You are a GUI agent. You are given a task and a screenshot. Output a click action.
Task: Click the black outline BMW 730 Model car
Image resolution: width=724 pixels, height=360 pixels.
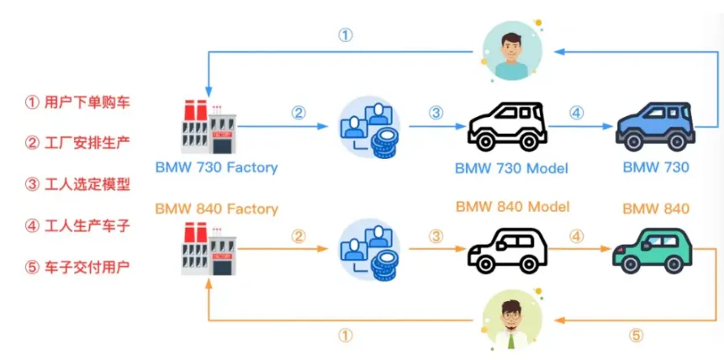[x=507, y=127]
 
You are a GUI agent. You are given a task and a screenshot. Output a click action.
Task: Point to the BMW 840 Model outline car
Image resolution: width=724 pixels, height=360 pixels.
[x=507, y=249]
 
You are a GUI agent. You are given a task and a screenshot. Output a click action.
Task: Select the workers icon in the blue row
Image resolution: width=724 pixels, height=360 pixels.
[x=369, y=127]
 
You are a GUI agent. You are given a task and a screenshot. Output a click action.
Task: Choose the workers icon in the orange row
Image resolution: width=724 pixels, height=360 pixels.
[x=369, y=250]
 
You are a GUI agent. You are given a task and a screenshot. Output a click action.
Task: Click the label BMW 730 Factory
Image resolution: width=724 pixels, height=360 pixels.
[x=216, y=167]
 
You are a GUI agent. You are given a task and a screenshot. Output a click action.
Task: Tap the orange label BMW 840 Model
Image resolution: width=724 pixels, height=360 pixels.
[x=512, y=207]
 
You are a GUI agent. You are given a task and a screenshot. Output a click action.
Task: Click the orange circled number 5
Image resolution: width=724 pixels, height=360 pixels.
[x=636, y=335]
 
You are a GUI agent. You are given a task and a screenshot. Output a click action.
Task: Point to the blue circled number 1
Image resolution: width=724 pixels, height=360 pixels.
[x=346, y=35]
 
